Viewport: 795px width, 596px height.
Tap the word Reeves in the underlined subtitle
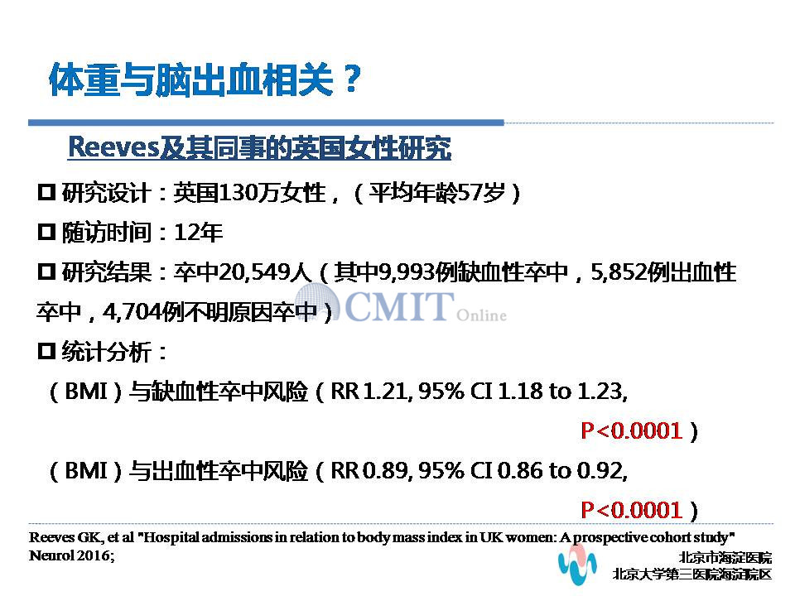tap(114, 147)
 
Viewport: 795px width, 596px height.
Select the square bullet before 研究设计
tap(46, 192)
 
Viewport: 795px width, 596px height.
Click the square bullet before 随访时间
tap(46, 232)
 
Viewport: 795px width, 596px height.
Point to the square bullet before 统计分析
tap(46, 351)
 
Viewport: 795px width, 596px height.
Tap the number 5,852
tap(619, 273)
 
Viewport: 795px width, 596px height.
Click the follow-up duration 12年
tap(198, 233)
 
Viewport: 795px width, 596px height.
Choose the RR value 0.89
tap(385, 471)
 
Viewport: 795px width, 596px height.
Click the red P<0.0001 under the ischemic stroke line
tap(631, 430)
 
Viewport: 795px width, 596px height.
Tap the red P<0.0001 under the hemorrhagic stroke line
tap(631, 510)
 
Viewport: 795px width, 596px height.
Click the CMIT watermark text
tap(399, 305)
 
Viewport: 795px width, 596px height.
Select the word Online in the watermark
tap(481, 315)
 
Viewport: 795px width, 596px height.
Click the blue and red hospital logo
tap(577, 564)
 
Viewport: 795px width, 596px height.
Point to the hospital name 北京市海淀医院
tap(725, 557)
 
